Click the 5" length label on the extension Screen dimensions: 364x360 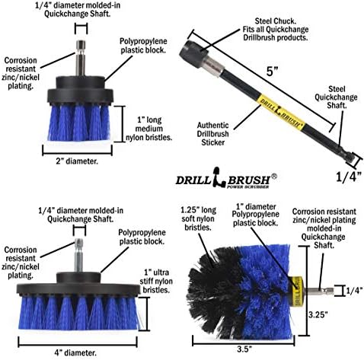(273, 72)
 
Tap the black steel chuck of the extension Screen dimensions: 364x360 (194, 53)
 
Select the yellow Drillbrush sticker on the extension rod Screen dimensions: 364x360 (282, 112)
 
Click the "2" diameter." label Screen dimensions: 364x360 (77, 161)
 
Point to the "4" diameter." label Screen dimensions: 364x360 (75, 352)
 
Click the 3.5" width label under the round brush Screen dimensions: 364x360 (244, 349)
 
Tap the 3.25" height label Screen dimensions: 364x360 (318, 315)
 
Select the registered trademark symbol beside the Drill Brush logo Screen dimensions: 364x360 (274, 177)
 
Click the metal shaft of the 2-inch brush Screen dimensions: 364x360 (81, 58)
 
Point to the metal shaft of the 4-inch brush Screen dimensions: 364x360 (78, 255)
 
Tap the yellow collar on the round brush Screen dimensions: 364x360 (298, 292)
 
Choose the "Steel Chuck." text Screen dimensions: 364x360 (276, 21)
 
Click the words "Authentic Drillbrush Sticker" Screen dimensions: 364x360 (212, 134)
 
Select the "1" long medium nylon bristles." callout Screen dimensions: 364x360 (149, 129)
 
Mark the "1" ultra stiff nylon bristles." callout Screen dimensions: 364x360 (156, 281)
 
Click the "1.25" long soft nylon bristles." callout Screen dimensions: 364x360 (198, 218)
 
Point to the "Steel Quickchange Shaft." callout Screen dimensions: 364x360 (336, 97)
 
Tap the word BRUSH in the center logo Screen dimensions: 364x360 (248, 180)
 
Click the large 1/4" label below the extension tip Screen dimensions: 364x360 (349, 177)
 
